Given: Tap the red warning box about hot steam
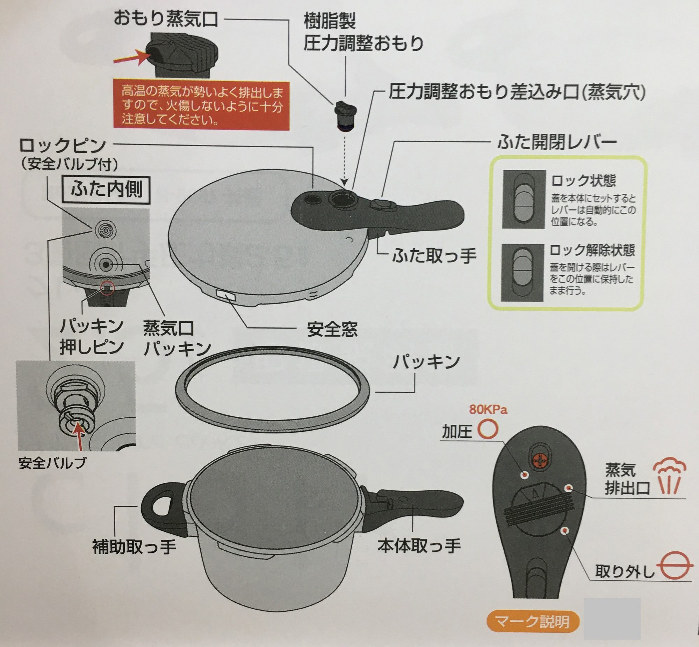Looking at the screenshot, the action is [x=202, y=106].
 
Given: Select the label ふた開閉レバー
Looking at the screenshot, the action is [x=557, y=142].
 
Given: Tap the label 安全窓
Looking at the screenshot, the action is [x=332, y=329].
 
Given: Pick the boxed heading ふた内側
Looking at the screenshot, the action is [x=106, y=190].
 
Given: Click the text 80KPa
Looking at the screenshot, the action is [x=488, y=410].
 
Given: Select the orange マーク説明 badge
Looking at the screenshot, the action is [x=533, y=621].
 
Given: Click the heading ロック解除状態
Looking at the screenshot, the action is [x=592, y=251].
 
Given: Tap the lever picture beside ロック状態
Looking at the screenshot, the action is [x=524, y=199].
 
